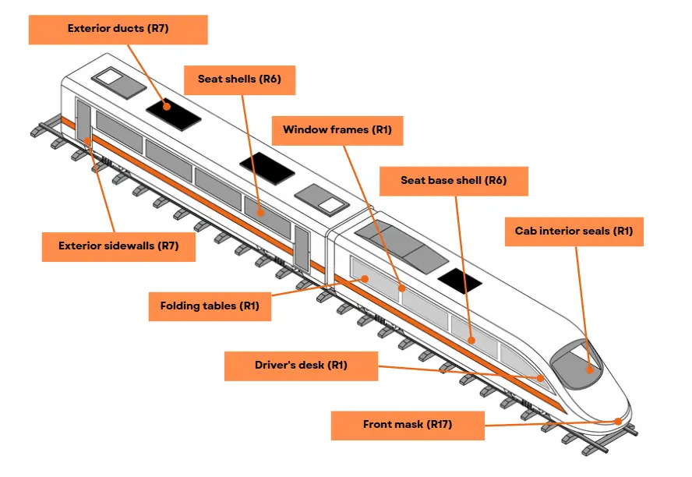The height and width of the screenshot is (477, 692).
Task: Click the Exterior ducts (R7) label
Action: click(x=118, y=29)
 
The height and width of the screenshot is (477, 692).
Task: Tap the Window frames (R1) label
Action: click(x=337, y=130)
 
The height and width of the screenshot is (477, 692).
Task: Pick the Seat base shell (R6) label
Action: click(x=454, y=181)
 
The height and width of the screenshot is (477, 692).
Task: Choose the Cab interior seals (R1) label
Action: click(x=574, y=231)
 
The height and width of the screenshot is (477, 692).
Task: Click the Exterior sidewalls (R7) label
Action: click(x=118, y=246)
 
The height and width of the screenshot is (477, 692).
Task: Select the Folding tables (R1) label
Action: click(x=210, y=306)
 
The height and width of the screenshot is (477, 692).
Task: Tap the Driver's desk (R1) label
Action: click(x=301, y=366)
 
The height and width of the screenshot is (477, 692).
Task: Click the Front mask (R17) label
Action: click(x=407, y=425)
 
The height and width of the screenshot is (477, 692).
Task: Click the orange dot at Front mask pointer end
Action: click(x=618, y=422)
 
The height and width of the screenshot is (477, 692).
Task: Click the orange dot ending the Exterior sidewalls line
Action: click(x=88, y=141)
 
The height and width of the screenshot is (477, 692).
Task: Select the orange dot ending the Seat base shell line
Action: click(x=472, y=340)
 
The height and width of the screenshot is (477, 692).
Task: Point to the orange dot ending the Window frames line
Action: click(x=402, y=288)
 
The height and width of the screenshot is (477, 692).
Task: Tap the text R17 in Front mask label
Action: click(x=438, y=425)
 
